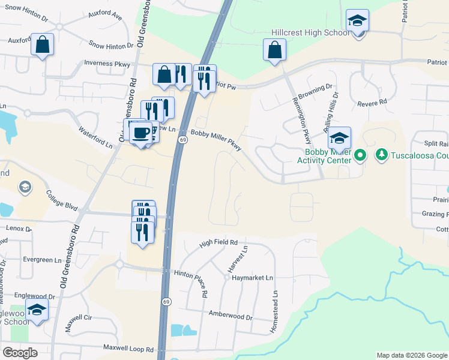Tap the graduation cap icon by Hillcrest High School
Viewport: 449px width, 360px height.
coord(357,22)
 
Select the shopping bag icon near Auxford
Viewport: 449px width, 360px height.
coord(42,44)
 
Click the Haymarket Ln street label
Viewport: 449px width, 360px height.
coord(252,278)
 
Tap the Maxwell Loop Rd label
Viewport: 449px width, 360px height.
coord(128,348)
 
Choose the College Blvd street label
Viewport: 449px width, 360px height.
coord(62,199)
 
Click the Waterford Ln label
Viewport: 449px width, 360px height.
coord(95,137)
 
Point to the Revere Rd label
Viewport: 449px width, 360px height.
coord(372,103)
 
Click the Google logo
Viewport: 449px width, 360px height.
coord(20,353)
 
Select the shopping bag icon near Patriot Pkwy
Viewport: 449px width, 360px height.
coord(274,50)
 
